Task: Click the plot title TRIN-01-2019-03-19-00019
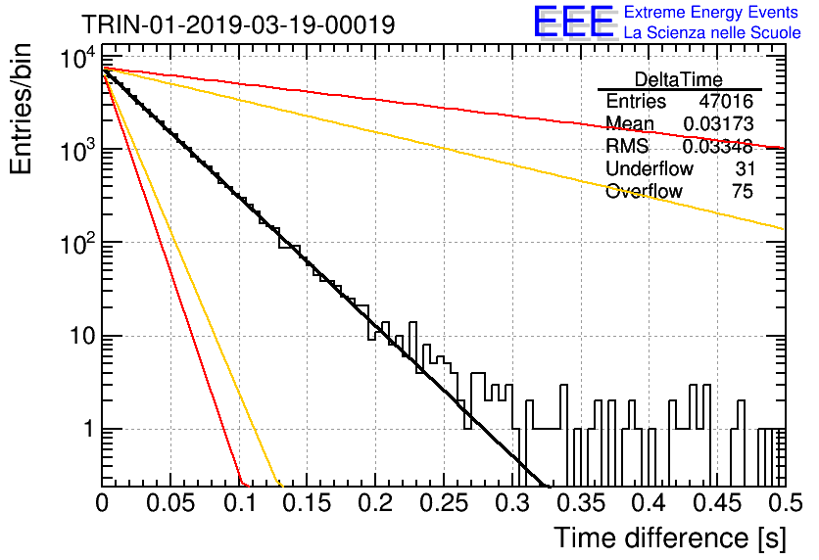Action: pos(238,24)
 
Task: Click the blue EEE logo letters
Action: pos(573,22)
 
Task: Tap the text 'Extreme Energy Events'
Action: pos(711,12)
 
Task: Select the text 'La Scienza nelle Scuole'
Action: pos(712,33)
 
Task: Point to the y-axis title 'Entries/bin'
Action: pos(21,109)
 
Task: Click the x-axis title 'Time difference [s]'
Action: pos(670,538)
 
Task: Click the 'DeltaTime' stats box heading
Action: pos(678,79)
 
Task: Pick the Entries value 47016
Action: pos(726,101)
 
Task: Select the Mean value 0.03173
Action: pos(718,123)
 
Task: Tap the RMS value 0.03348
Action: pos(718,147)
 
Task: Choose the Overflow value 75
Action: pos(743,191)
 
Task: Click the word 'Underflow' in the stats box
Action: pos(650,168)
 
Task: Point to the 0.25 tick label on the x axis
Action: pos(445,503)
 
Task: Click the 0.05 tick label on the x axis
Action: pos(170,503)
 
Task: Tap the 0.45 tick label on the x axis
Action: pos(718,503)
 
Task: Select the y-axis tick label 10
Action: pos(82,336)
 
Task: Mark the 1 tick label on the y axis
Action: pos(89,430)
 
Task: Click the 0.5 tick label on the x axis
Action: pos(785,503)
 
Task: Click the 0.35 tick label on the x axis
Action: pos(581,503)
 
